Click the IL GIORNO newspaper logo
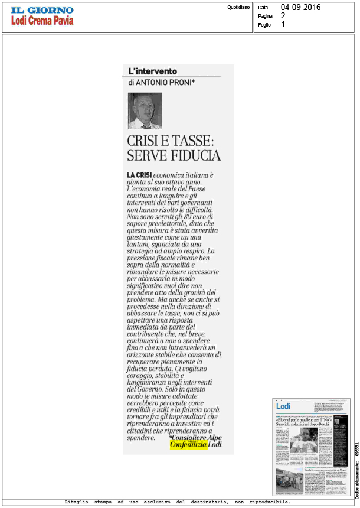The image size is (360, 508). click(x=41, y=9)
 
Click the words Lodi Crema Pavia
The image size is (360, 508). click(x=41, y=21)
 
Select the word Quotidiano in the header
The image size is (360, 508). click(x=238, y=7)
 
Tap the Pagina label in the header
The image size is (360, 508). click(x=266, y=16)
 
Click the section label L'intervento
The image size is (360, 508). click(x=152, y=71)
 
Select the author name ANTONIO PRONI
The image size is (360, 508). click(x=165, y=83)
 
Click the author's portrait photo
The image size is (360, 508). click(x=145, y=111)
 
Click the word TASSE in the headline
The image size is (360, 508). click(x=189, y=142)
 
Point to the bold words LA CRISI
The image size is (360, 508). click(x=140, y=175)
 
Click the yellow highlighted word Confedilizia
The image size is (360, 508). click(x=188, y=445)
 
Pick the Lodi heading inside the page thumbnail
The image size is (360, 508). click(x=283, y=407)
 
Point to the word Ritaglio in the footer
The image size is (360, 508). click(x=78, y=502)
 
